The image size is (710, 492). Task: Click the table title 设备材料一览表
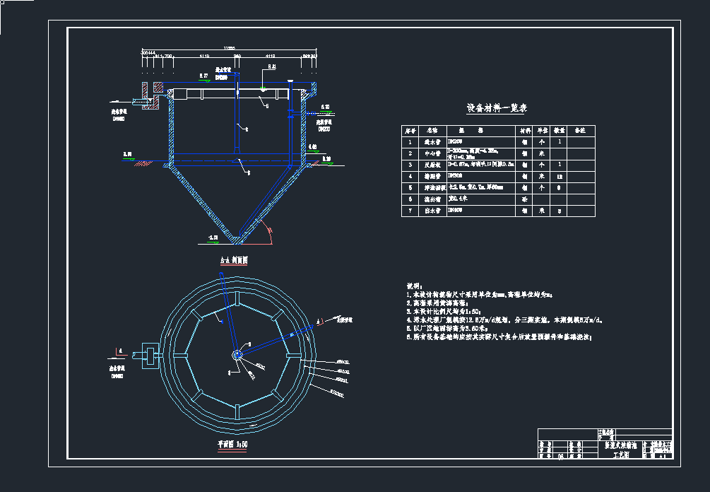coord(496,108)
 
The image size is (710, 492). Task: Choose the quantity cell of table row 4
coord(559,176)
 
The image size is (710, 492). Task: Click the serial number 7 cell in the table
coord(410,211)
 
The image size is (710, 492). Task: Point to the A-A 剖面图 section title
coord(234,260)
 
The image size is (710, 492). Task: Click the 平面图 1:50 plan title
coord(232,445)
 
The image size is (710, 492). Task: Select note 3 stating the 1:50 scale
coord(453,311)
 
